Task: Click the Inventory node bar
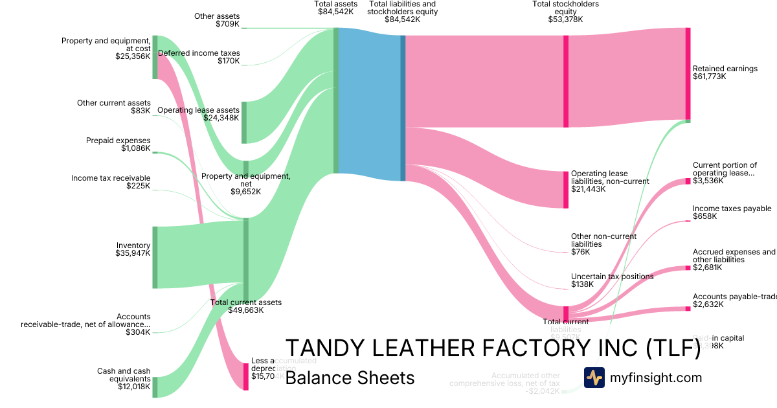click(x=155, y=257)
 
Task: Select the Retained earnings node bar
click(x=688, y=73)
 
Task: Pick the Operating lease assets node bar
click(x=244, y=122)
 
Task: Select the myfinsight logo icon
click(x=594, y=378)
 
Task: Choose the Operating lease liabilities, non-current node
click(x=566, y=190)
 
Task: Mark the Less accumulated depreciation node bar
click(x=246, y=376)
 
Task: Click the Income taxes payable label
click(x=732, y=209)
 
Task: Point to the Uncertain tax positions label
click(x=612, y=277)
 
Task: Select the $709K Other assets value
click(x=227, y=25)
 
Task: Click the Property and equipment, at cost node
click(x=155, y=57)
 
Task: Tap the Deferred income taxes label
click(x=199, y=53)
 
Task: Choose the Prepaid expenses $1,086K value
click(x=135, y=148)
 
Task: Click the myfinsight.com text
click(x=655, y=378)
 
